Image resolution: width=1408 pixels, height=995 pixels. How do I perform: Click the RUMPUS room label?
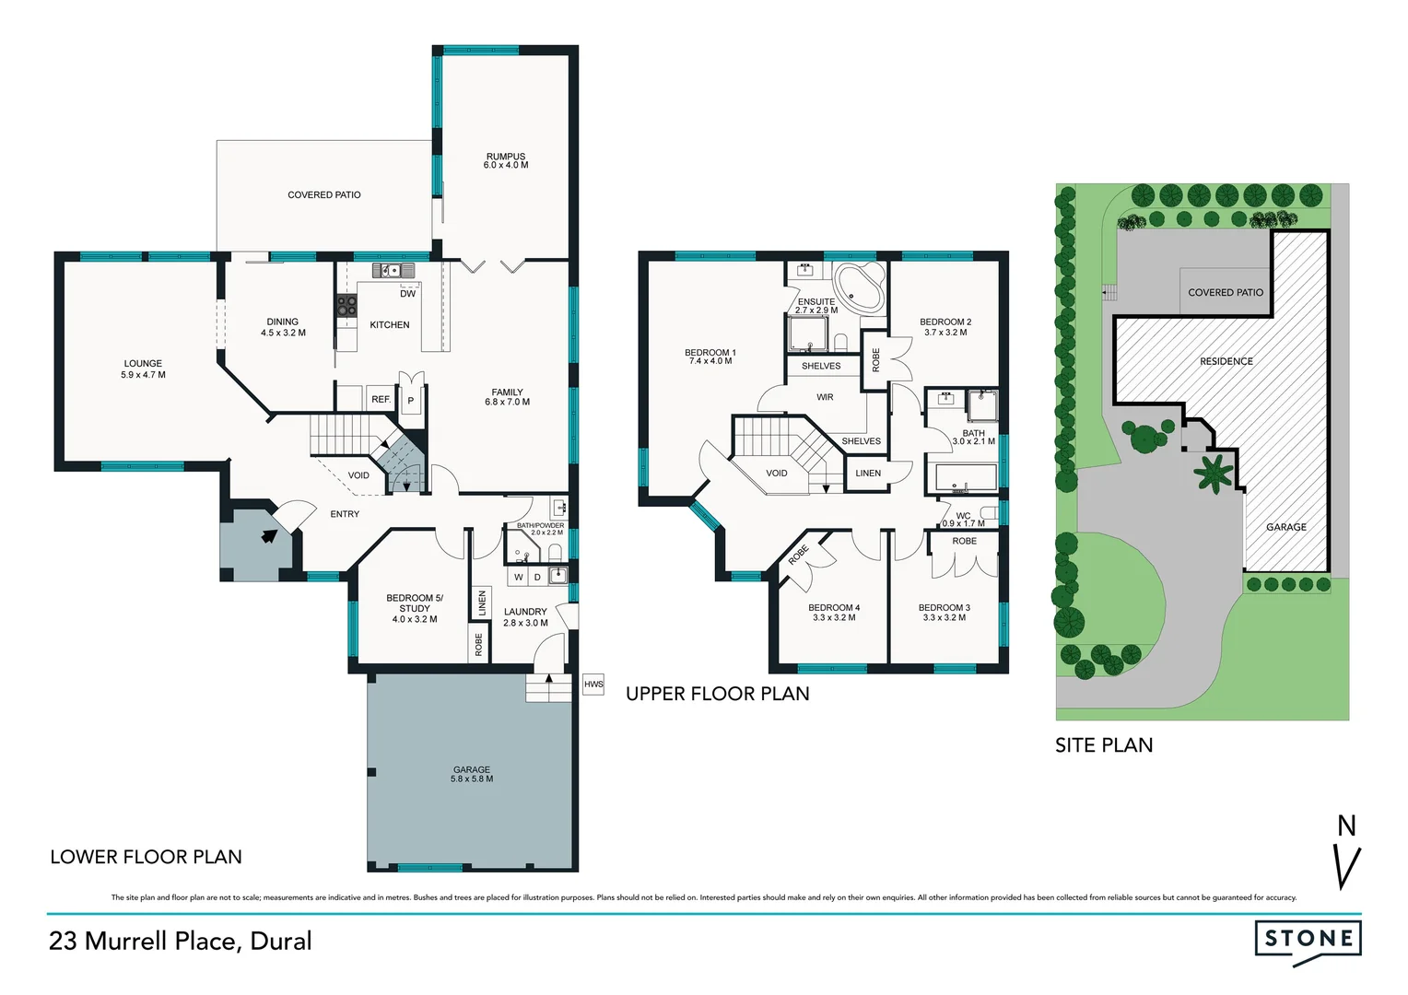[x=506, y=161]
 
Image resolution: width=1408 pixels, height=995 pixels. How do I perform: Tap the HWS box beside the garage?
[x=593, y=684]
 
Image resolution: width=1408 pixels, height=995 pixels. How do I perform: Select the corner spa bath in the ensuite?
[x=859, y=287]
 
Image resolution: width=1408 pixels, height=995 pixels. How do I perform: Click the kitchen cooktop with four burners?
[x=346, y=306]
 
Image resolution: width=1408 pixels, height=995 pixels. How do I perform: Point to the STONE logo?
[x=1308, y=940]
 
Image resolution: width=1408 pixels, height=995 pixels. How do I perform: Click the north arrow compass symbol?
[x=1347, y=852]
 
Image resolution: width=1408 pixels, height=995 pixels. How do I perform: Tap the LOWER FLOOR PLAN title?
[x=146, y=857]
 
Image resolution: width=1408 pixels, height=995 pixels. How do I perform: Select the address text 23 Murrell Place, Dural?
[x=181, y=941]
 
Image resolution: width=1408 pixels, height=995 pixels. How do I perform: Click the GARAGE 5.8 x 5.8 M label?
[x=472, y=774]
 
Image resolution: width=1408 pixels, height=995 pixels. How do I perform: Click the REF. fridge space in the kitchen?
[x=381, y=399]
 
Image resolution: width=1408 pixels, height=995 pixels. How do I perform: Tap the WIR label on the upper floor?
[x=825, y=397]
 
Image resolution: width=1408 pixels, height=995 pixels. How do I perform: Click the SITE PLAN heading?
[x=1104, y=745]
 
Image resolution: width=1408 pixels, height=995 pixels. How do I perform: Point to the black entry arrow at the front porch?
[x=268, y=535]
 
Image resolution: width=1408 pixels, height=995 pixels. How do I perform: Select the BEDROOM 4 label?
[x=834, y=612]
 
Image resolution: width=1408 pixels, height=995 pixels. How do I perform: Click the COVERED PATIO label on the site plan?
[x=1226, y=292]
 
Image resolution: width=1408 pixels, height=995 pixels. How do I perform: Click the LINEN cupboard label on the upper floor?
[x=868, y=474]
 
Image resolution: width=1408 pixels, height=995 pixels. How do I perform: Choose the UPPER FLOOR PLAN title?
[x=718, y=694]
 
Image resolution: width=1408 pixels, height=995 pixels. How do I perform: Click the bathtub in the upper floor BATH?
[x=966, y=477]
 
